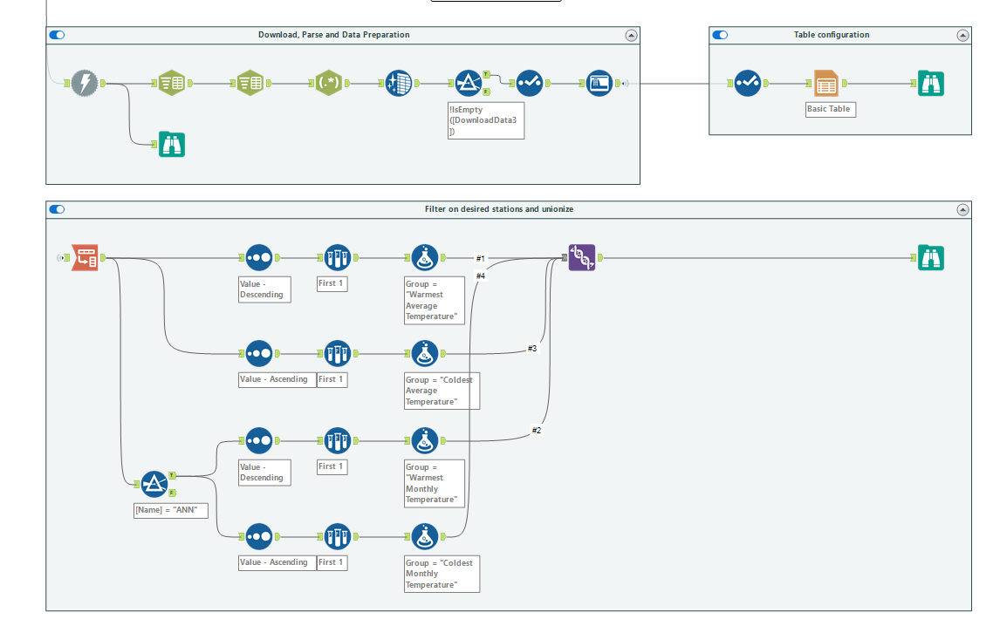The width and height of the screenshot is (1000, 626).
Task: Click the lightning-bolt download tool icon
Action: [x=85, y=84]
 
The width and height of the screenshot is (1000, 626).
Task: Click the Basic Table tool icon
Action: [x=826, y=84]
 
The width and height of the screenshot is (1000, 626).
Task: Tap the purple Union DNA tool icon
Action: [x=582, y=258]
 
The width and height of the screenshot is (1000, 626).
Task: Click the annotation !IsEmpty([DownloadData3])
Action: [x=485, y=120]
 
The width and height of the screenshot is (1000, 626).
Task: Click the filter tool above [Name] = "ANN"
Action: [x=154, y=484]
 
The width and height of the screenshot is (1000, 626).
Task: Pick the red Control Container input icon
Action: [x=85, y=258]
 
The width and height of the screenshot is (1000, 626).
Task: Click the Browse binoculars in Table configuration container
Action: [x=931, y=84]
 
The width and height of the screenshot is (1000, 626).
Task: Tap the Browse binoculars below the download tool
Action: [x=172, y=144]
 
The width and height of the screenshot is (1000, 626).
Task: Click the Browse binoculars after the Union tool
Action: [x=931, y=258]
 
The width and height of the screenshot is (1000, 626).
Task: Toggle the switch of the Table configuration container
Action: [x=720, y=35]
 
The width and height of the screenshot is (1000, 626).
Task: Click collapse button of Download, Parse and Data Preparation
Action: [x=631, y=36]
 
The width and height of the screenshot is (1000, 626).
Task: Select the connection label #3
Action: [x=532, y=348]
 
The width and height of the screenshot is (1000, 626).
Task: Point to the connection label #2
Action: [x=537, y=431]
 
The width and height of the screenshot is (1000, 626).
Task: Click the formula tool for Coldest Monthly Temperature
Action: [x=424, y=536]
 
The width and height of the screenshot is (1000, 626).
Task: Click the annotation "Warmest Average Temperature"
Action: [x=435, y=300]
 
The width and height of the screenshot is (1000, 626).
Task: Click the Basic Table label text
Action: [x=830, y=110]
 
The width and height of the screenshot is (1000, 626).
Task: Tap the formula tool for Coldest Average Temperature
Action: [x=424, y=353]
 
